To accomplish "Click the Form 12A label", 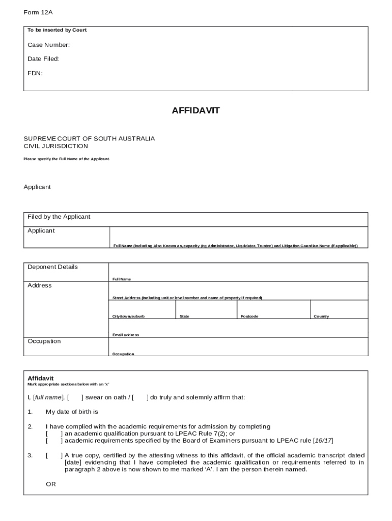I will (38, 12).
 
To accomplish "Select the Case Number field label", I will (49, 45).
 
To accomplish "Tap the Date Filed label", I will (43, 59).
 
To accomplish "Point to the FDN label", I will (35, 73).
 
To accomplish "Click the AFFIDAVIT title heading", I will (195, 110).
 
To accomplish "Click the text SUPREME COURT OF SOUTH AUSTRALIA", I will (89, 138).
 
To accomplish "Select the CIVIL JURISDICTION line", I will (55, 146).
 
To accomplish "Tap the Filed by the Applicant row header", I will (59, 217).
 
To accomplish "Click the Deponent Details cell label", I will (52, 267).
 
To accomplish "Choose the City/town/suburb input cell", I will (142, 308).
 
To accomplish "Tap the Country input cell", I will (339, 308).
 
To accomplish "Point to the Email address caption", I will (126, 335).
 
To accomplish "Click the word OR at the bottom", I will (51, 484).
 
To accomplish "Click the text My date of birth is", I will (72, 412).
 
